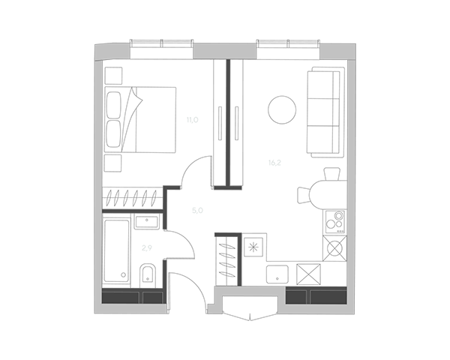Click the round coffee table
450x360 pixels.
281,109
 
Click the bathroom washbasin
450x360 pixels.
147,221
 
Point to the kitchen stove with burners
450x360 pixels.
334,221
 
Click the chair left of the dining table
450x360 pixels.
304,195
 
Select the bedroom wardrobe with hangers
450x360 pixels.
133,199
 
